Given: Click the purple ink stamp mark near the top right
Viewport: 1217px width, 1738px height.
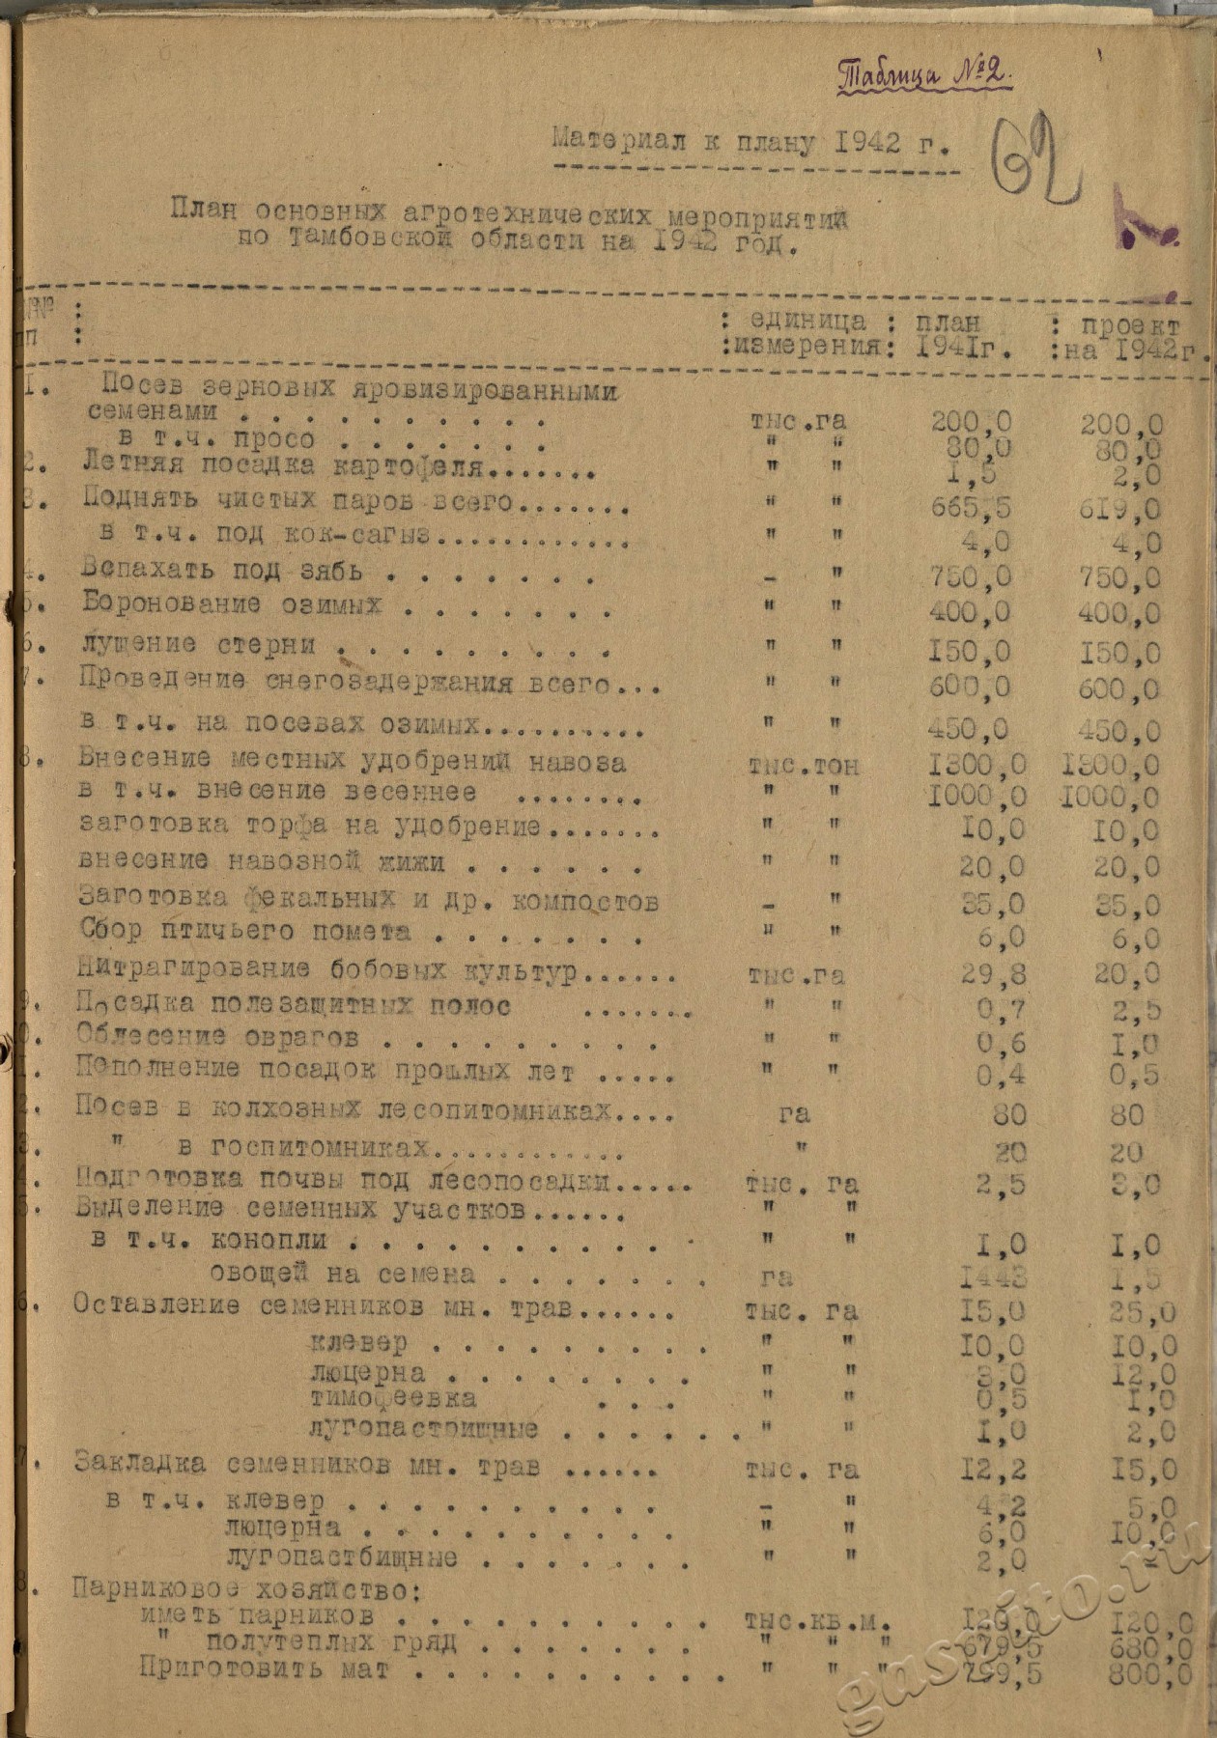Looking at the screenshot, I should pyautogui.click(x=1144, y=226).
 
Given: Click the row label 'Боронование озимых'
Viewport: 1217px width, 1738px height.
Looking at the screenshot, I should pyautogui.click(x=232, y=605).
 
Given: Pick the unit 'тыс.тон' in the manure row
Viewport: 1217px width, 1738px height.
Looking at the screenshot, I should pyautogui.click(x=803, y=766).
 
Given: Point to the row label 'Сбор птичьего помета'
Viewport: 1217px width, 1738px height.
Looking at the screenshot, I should pyautogui.click(x=246, y=932).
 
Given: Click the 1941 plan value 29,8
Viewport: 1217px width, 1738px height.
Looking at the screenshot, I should pyautogui.click(x=994, y=974).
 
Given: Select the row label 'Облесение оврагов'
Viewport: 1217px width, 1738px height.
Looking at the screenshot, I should pyautogui.click(x=217, y=1038).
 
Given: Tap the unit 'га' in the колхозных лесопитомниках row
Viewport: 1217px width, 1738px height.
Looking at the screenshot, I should pyautogui.click(x=793, y=1114).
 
